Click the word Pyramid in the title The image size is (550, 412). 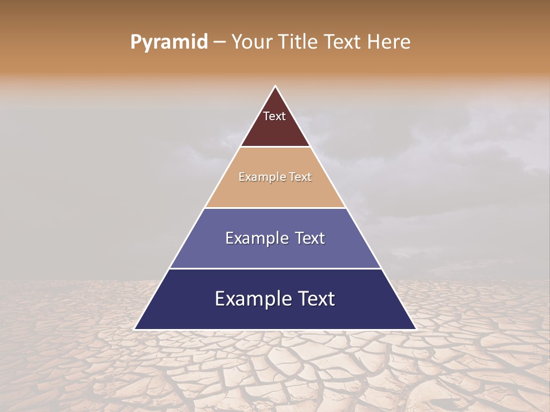click(x=168, y=42)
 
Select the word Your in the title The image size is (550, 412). click(x=251, y=42)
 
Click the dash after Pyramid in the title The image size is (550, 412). click(x=219, y=42)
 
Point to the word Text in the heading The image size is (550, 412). click(x=344, y=42)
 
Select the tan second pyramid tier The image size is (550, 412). click(x=275, y=192)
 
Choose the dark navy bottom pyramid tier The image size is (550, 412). click(x=275, y=315)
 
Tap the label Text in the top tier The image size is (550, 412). click(x=274, y=116)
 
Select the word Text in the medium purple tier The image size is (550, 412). click(x=310, y=238)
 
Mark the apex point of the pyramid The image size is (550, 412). click(x=275, y=86)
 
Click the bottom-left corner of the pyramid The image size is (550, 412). click(x=135, y=329)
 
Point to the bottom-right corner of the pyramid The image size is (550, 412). click(x=415, y=329)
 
